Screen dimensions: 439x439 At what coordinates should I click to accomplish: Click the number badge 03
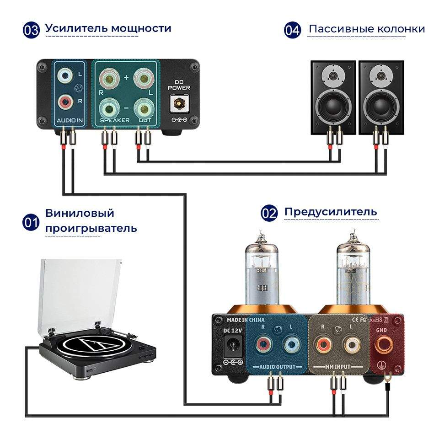pyautogui.click(x=32, y=30)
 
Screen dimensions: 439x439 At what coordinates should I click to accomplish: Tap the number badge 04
pyautogui.click(x=292, y=31)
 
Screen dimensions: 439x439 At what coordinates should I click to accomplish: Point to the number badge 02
pyautogui.click(x=269, y=214)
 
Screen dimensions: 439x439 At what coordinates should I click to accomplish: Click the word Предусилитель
pyautogui.click(x=331, y=212)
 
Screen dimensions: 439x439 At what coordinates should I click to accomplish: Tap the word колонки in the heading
pyautogui.click(x=401, y=29)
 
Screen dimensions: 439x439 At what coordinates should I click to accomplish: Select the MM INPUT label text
pyautogui.click(x=339, y=367)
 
